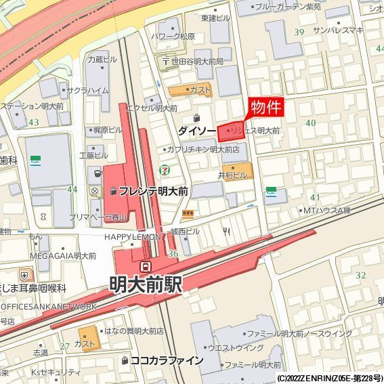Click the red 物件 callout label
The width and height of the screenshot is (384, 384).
click(267, 108)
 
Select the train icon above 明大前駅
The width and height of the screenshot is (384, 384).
click(146, 266)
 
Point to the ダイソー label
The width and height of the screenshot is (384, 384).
click(197, 129)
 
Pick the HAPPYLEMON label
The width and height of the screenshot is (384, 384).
click(133, 237)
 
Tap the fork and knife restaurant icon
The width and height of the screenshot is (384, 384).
click(226, 232)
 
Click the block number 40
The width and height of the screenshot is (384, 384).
click(311, 123)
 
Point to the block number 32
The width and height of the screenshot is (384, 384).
click(360, 275)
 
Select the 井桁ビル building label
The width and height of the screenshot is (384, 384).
click(232, 175)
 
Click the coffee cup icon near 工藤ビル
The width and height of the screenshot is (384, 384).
click(95, 174)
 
